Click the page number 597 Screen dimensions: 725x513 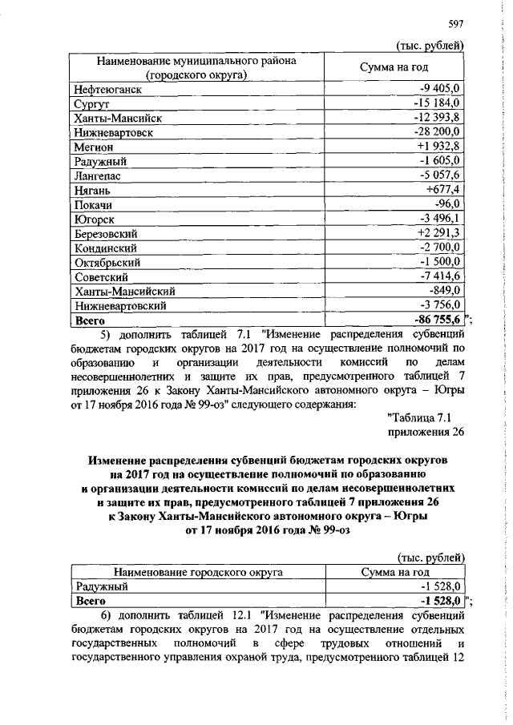point(457,23)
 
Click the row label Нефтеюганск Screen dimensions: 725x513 point(103,89)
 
